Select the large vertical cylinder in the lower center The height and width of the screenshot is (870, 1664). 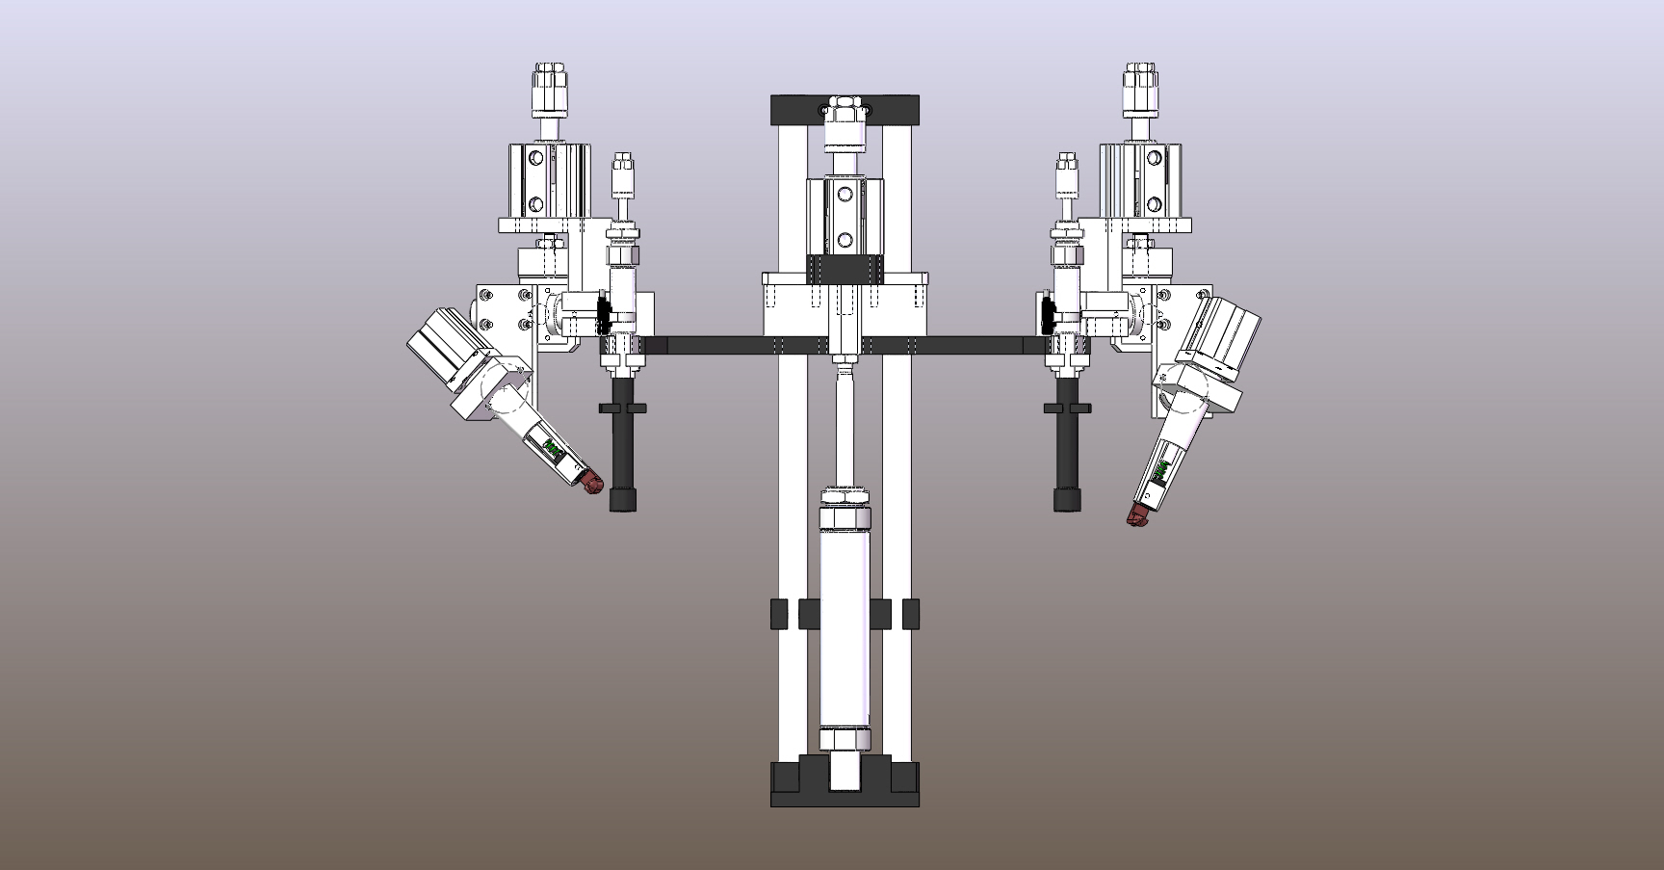pos(845,636)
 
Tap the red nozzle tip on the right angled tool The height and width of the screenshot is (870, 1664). pos(1138,517)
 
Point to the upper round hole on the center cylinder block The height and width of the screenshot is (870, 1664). pos(845,196)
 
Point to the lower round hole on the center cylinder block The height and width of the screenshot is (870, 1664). pos(845,239)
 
